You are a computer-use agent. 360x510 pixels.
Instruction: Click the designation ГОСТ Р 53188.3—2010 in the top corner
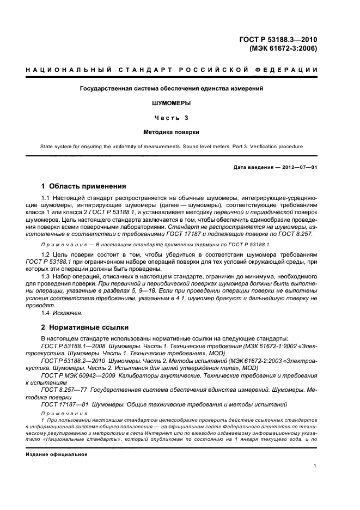point(278,39)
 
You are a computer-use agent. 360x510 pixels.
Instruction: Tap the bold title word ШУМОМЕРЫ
point(172,102)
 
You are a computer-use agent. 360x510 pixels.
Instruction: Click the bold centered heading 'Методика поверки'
point(172,131)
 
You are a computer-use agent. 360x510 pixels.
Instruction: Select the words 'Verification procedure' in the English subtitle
point(273,146)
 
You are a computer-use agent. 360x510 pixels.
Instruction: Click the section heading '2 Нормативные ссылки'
point(85,327)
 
